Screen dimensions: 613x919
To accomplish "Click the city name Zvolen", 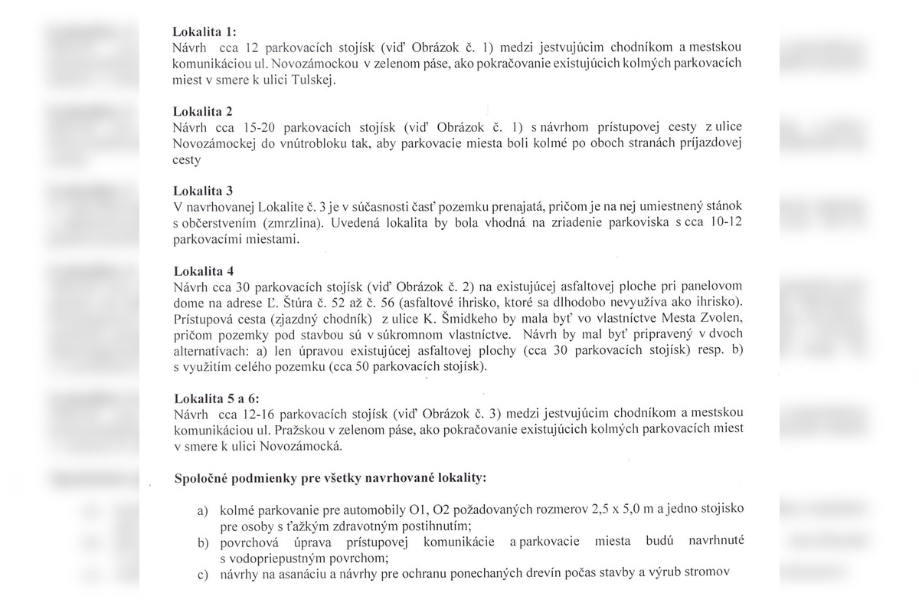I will point(721,319).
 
